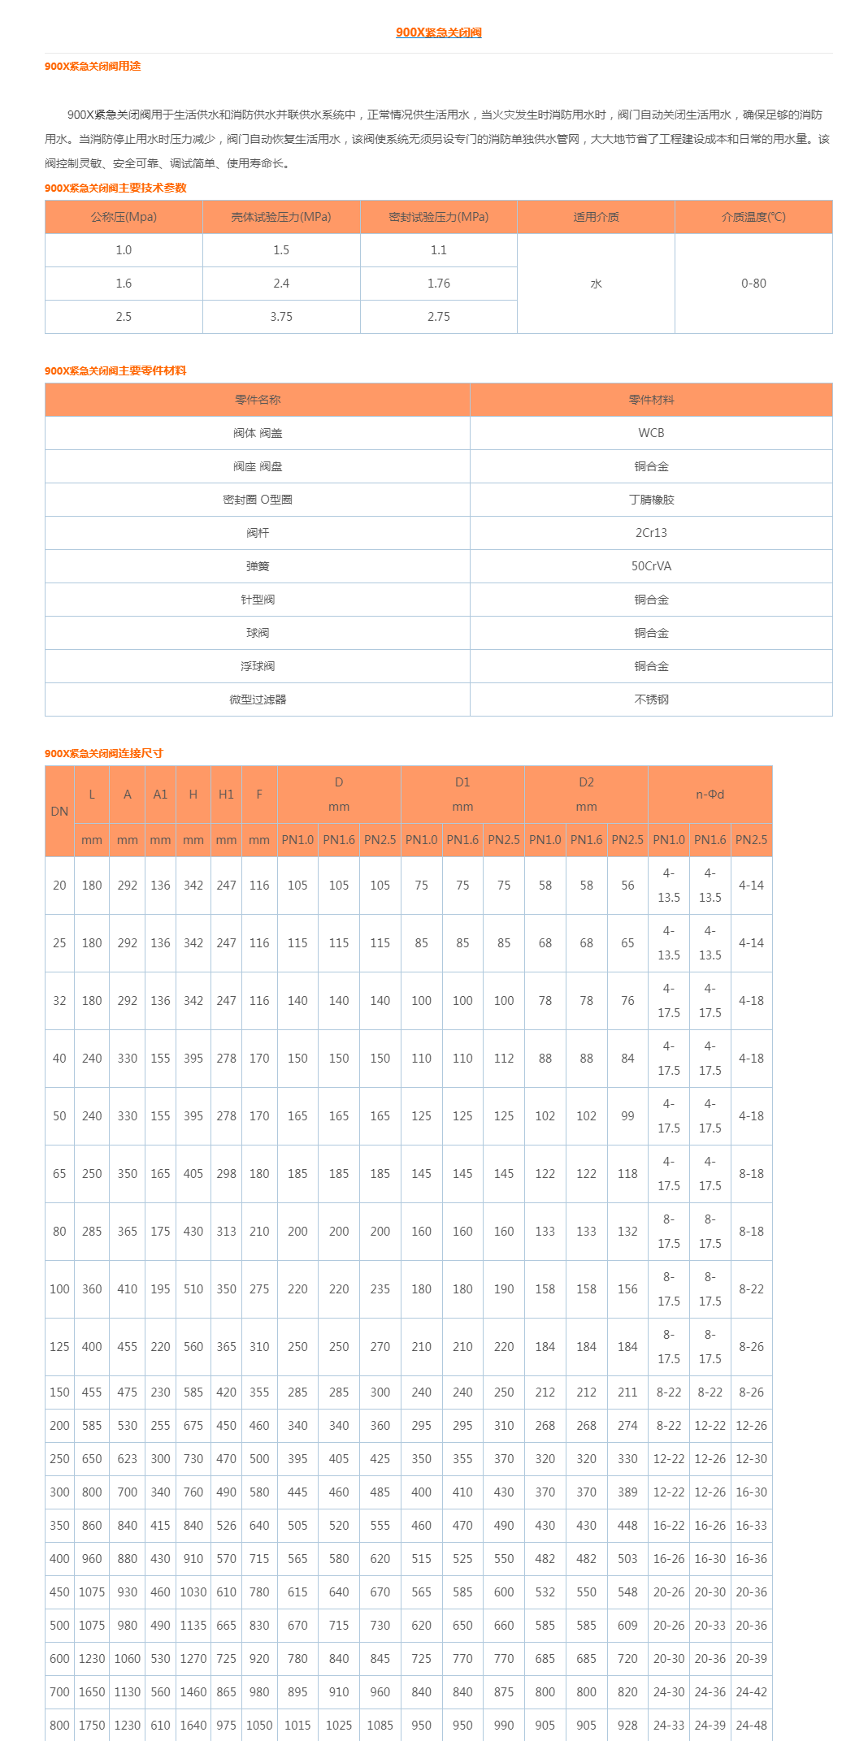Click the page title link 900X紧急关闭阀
pyautogui.click(x=438, y=32)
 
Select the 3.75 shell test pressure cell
pyautogui.click(x=281, y=317)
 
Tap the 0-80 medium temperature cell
pyautogui.click(x=753, y=284)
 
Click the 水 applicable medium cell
pyautogui.click(x=596, y=284)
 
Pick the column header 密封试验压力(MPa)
pyautogui.click(x=439, y=217)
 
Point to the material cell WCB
pyautogui.click(x=651, y=433)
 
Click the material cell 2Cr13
pyautogui.click(x=651, y=533)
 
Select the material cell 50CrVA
pyautogui.click(x=651, y=566)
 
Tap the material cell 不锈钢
pyautogui.click(x=651, y=699)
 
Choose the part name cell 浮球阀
pyautogui.click(x=258, y=666)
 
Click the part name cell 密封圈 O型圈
pyautogui.click(x=258, y=500)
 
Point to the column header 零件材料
pyautogui.click(x=651, y=400)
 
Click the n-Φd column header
pyautogui.click(x=710, y=795)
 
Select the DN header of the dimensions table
pyautogui.click(x=59, y=812)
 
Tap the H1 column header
pyautogui.click(x=226, y=795)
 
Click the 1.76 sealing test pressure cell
pyautogui.click(x=439, y=284)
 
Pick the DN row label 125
pyautogui.click(x=59, y=1347)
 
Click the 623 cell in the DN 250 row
pyautogui.click(x=128, y=1459)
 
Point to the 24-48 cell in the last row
pyautogui.click(x=751, y=1726)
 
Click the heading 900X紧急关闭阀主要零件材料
pyautogui.click(x=115, y=370)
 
